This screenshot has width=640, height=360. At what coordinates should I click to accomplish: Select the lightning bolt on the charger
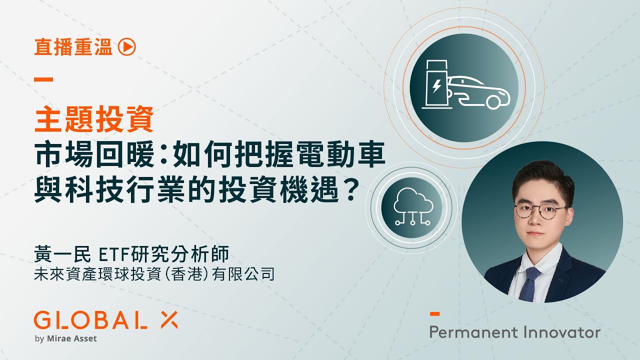pos(436,86)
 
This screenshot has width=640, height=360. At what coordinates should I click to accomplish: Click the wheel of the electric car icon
pos(493,102)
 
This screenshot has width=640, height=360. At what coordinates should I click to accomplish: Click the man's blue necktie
pos(530,283)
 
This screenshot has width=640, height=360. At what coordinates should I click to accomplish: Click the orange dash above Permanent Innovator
pos(434,314)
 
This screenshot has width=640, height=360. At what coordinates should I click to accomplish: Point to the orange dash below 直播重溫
pos(43,79)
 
